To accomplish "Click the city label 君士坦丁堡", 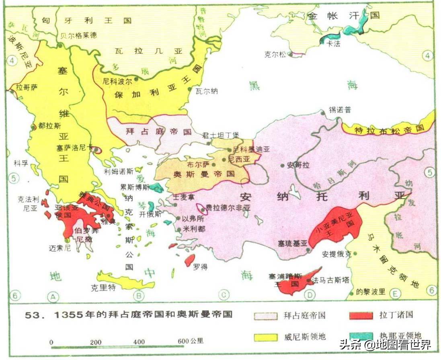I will pyautogui.click(x=221, y=135).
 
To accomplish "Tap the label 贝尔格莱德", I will pyautogui.click(x=78, y=35).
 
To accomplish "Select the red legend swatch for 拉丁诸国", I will pyautogui.click(x=361, y=315).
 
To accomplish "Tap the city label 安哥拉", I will pyautogui.click(x=299, y=165).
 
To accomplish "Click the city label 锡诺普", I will pyautogui.click(x=339, y=109).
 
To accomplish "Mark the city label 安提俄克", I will pyautogui.click(x=336, y=254).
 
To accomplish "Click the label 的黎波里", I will pyautogui.click(x=371, y=292).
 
